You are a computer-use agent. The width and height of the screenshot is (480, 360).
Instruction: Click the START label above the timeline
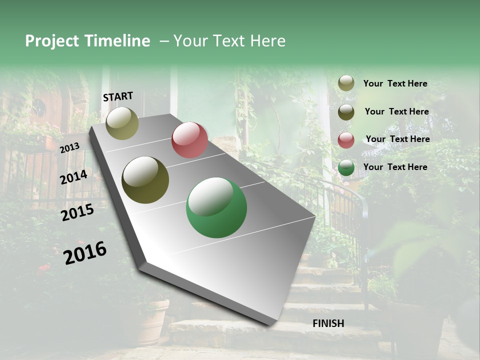click(118, 96)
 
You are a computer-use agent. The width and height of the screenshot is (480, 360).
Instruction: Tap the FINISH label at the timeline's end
click(328, 323)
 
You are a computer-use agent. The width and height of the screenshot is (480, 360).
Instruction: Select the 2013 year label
click(69, 147)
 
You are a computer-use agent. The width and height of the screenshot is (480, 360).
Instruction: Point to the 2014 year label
click(74, 177)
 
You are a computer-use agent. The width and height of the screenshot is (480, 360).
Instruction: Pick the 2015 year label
click(77, 212)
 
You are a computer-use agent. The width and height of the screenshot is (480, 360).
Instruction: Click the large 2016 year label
click(85, 252)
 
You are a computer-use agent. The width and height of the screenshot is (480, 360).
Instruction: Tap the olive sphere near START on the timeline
click(122, 123)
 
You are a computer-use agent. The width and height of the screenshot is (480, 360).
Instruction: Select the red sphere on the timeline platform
click(189, 140)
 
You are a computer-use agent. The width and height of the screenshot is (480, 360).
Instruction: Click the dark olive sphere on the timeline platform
click(145, 180)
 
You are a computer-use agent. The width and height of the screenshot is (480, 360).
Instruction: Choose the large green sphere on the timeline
click(216, 208)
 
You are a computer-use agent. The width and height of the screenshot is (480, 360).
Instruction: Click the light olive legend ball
click(346, 83)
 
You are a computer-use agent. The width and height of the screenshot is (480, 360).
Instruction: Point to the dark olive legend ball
click(346, 112)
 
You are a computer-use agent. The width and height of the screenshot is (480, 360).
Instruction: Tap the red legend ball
click(346, 140)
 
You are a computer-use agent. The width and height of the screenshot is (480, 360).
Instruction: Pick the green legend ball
click(346, 167)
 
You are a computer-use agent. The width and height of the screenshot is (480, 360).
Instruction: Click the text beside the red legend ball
click(398, 139)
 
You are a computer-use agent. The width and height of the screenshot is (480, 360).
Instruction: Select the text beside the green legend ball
click(395, 167)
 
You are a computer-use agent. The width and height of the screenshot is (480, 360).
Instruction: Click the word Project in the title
click(52, 41)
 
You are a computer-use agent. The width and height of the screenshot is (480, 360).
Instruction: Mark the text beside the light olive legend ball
click(395, 83)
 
